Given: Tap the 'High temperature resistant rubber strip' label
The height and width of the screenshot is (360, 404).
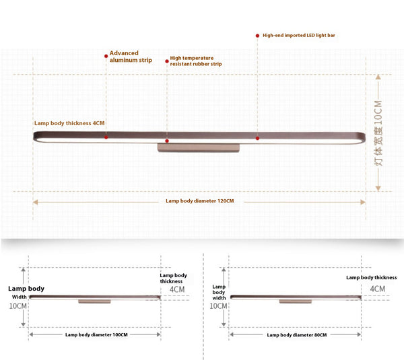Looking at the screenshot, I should [195, 61].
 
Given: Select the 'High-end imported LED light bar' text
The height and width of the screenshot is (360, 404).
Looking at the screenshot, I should [298, 34].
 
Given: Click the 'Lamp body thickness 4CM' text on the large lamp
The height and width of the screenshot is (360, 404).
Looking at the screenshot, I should [70, 123].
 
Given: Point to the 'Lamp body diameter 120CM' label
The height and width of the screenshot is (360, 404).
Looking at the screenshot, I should [199, 201].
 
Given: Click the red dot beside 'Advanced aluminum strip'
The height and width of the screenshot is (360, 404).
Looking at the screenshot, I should [106, 54].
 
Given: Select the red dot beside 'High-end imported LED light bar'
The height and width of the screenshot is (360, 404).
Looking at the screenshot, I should [257, 34].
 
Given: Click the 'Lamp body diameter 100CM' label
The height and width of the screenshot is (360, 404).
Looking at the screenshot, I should [96, 334].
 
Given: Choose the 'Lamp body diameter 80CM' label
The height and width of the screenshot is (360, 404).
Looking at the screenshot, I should [297, 334].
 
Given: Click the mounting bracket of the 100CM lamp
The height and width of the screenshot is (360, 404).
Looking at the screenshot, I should [94, 301].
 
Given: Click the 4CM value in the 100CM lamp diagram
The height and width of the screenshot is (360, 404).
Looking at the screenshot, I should [176, 289].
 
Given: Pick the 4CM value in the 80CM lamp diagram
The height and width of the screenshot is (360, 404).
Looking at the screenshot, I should [378, 289].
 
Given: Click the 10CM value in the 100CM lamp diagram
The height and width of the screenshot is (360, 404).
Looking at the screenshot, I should [18, 305].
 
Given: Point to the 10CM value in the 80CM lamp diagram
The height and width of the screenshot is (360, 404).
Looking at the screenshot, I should [219, 305].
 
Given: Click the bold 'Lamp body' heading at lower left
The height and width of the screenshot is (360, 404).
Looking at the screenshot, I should [26, 288].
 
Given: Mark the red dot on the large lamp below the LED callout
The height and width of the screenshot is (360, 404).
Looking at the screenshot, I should [257, 138].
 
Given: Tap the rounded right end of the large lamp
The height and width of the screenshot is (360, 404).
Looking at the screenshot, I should [360, 137].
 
